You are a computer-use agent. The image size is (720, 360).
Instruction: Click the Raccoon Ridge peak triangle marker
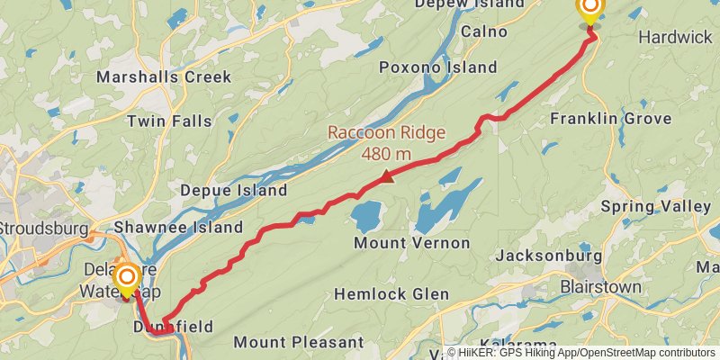pyautogui.click(x=387, y=176)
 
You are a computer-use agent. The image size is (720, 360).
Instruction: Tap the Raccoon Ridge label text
pyautogui.click(x=386, y=133)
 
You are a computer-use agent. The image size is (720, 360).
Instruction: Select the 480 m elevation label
pyautogui.click(x=386, y=153)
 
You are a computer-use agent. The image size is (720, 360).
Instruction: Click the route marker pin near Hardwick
pyautogui.click(x=590, y=11)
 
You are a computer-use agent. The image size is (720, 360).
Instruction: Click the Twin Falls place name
pyautogui.click(x=169, y=121)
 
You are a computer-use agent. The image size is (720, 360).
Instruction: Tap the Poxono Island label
pyautogui.click(x=437, y=67)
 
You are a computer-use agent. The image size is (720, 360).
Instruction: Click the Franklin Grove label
pyautogui.click(x=611, y=119)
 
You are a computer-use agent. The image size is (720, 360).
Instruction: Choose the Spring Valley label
pyautogui.click(x=655, y=206)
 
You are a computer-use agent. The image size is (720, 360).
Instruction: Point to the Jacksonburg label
pyautogui.click(x=548, y=256)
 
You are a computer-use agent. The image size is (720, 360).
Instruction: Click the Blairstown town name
pyautogui.click(x=601, y=287)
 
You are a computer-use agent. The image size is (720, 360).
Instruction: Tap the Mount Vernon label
pyautogui.click(x=411, y=243)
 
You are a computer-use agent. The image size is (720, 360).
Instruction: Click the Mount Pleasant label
pyautogui.click(x=298, y=342)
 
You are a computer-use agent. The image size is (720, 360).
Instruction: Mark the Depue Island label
pyautogui.click(x=233, y=190)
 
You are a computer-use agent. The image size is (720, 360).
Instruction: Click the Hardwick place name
pyautogui.click(x=675, y=37)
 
